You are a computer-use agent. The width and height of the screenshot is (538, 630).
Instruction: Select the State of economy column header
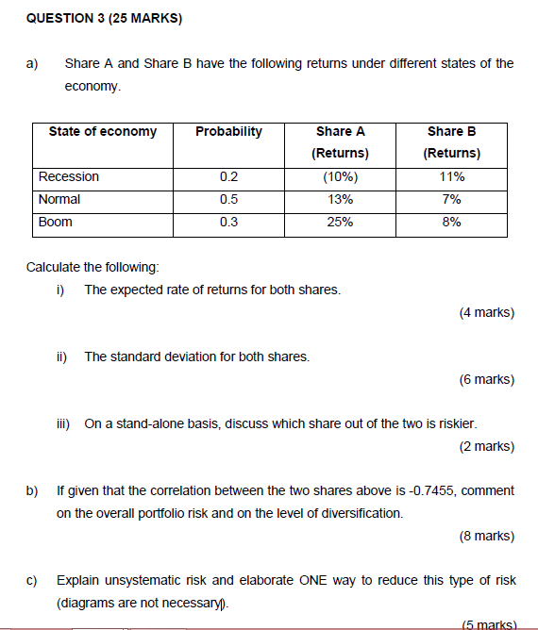102,131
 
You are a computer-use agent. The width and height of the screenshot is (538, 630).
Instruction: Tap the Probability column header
228,131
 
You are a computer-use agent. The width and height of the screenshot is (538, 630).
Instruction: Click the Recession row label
68,176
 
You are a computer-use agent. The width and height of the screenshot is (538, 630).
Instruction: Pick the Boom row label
55,222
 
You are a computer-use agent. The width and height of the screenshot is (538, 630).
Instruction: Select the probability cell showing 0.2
228,176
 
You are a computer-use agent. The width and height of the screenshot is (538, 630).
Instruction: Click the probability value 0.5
228,199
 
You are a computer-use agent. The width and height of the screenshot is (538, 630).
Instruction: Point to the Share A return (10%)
340,176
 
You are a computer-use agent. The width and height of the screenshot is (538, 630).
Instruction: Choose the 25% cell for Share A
340,222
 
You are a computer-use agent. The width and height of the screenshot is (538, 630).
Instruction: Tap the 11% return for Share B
451,176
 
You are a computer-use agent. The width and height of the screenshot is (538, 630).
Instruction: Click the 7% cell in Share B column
451,199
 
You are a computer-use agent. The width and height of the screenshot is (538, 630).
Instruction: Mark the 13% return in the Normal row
340,199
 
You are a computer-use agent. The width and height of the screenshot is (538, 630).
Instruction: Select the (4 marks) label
486,312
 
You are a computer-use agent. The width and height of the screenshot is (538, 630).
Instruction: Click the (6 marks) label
486,379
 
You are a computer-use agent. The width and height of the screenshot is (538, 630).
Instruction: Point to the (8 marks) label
486,536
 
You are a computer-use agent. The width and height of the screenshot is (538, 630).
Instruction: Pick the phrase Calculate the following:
86,267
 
